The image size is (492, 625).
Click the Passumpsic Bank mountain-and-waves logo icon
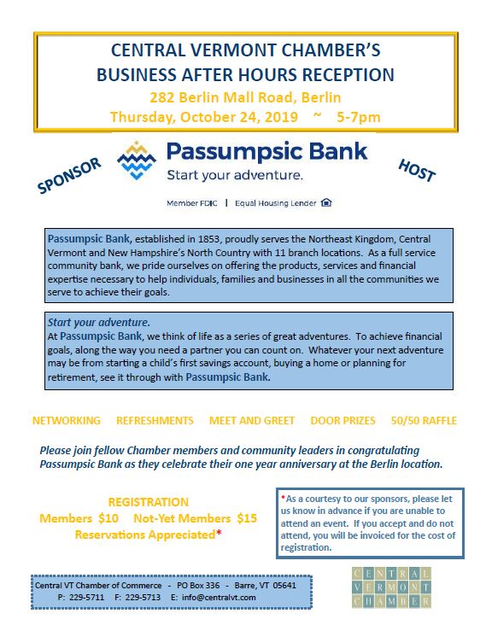tap(138, 160)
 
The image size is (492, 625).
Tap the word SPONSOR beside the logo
tap(70, 174)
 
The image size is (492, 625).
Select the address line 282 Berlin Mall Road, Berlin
tap(245, 96)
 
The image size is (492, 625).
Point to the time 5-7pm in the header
tap(358, 116)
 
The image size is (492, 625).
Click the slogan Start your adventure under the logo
tap(234, 177)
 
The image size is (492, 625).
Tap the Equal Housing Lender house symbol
tap(326, 203)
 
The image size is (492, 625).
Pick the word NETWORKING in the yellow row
tap(66, 421)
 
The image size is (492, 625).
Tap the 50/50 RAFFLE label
tap(423, 421)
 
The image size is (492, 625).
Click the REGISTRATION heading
tap(149, 502)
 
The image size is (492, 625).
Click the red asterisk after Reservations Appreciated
tap(219, 534)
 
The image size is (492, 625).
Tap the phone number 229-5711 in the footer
tap(90, 599)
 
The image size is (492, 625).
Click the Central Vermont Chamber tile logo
tap(391, 588)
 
